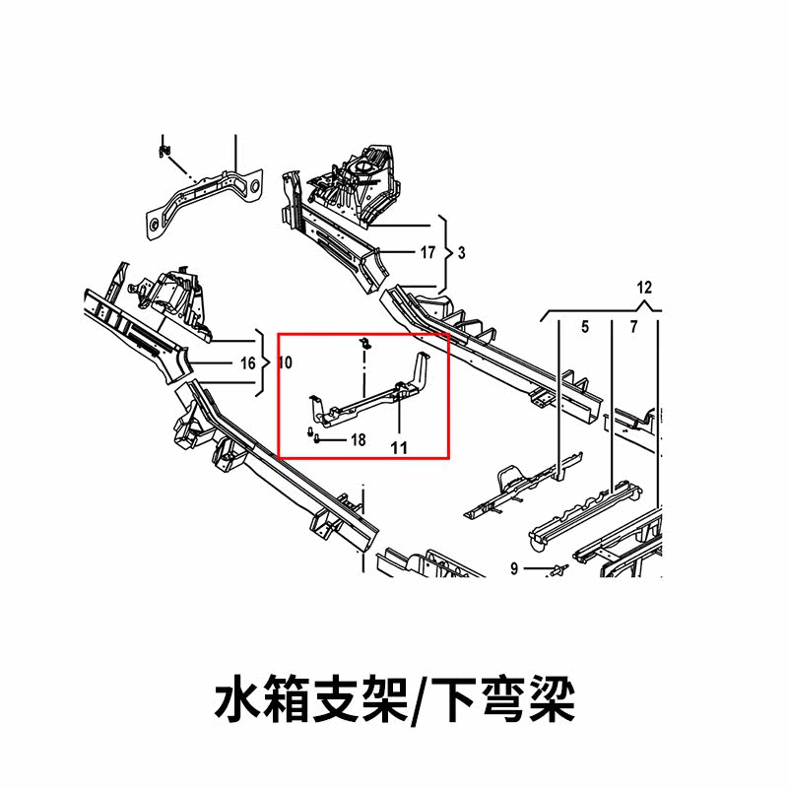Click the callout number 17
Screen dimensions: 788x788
[x=427, y=253]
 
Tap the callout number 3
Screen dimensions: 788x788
[x=462, y=253]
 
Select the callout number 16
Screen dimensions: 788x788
[x=248, y=363]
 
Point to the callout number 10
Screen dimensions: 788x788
[x=286, y=363]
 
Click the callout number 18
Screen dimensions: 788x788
[x=358, y=440]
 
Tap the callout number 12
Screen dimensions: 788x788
[x=645, y=289]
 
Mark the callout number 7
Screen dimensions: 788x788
[x=634, y=326]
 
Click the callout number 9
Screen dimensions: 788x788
[x=514, y=568]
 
